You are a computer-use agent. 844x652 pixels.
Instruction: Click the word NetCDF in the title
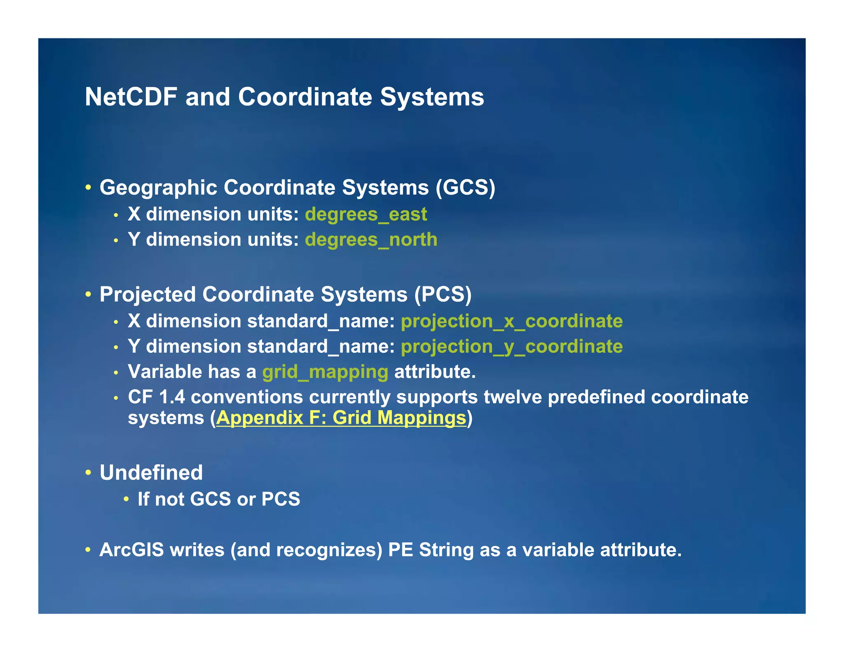coord(131,97)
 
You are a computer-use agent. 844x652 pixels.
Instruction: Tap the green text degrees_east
coord(366,214)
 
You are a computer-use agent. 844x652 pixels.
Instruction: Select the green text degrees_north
coord(371,239)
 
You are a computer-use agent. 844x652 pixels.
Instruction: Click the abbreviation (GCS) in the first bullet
coord(465,188)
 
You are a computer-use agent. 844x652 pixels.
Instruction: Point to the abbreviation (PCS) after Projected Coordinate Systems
coord(443,295)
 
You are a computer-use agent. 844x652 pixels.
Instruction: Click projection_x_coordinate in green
coord(511,321)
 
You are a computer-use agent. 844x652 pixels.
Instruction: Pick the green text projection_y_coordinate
coord(511,347)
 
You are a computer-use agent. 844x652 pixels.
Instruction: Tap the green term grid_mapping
coord(325,372)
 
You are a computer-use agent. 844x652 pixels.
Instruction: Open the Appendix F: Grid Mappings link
coord(341,418)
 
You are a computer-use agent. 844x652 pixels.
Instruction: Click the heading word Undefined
coord(151,473)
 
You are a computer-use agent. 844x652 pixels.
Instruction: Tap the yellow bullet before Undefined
coord(88,472)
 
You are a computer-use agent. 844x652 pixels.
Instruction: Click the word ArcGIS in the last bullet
coord(131,550)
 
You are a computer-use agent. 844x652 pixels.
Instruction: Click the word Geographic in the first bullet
coord(158,188)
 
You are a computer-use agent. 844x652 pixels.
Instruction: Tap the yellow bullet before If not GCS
coord(127,499)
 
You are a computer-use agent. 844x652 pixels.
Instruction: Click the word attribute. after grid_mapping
coord(435,372)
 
